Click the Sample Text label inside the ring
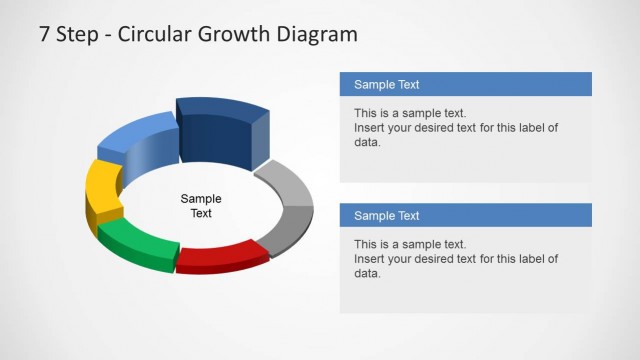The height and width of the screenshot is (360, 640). [x=201, y=206]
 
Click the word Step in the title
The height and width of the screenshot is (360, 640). [x=79, y=35]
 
